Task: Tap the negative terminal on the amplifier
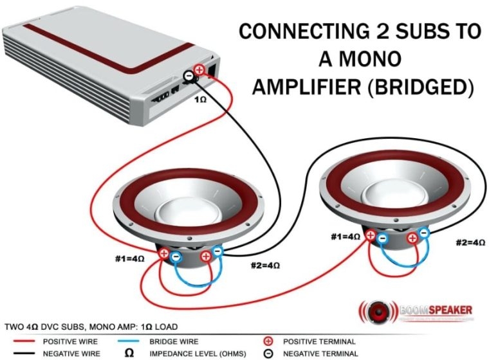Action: (x=188, y=76)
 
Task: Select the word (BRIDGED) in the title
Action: (x=421, y=87)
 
